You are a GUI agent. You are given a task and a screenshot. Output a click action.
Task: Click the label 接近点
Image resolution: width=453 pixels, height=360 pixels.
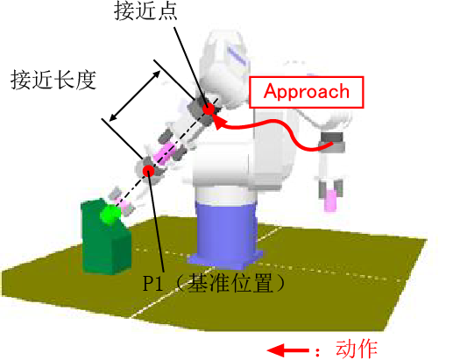click(x=145, y=11)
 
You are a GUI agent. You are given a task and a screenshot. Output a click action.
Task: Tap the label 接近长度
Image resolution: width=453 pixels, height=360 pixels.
click(x=53, y=80)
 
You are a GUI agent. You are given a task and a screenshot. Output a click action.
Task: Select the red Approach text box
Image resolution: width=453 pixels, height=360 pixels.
click(x=307, y=92)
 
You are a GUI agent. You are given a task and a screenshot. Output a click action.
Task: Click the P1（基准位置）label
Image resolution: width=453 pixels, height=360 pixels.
click(x=214, y=283)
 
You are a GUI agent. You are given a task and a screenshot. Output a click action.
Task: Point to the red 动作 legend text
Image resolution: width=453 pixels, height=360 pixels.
click(x=357, y=349)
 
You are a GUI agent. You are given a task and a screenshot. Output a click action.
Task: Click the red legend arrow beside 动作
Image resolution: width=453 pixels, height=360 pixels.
click(x=288, y=350)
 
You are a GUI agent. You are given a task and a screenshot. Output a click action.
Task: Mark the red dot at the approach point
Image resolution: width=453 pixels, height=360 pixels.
click(x=209, y=109)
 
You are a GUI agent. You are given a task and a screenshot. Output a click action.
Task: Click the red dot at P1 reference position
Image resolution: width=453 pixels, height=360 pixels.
click(x=148, y=171)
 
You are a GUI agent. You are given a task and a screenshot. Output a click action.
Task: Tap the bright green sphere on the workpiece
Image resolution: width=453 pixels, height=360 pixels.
click(x=110, y=215)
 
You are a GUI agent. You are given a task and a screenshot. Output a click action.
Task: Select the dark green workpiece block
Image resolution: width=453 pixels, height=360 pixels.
click(x=106, y=237)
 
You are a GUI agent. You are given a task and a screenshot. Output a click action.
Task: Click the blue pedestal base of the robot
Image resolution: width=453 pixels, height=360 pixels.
click(x=226, y=234)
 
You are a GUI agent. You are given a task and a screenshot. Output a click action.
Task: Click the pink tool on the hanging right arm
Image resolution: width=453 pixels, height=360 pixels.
click(x=330, y=201)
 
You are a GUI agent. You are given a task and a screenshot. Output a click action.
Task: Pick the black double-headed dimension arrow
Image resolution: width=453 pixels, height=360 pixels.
click(x=135, y=95)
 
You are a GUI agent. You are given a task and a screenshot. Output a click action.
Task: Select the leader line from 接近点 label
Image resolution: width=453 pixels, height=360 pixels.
click(x=191, y=67)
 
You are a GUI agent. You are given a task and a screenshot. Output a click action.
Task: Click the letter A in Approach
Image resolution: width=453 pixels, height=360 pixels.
click(x=270, y=91)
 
